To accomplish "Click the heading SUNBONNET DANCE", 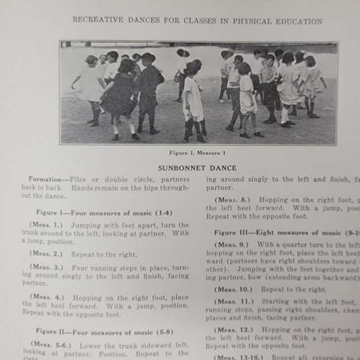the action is click(x=197, y=168).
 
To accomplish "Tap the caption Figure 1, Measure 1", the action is click(x=197, y=152).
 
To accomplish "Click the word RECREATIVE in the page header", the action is click(x=98, y=20).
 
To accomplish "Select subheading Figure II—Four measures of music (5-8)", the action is click(x=104, y=331).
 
